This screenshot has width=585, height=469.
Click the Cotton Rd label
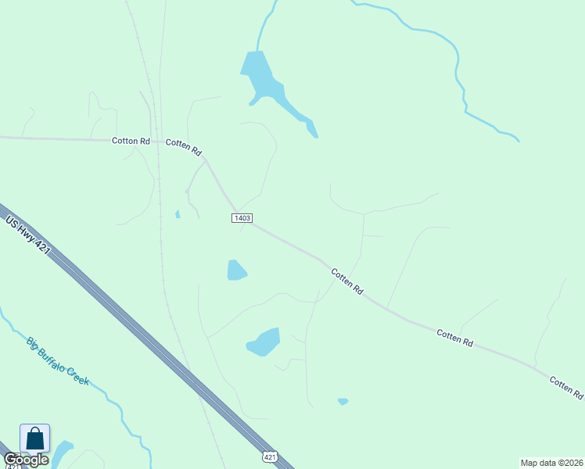coord(131,141)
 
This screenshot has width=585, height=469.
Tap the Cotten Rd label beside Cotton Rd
coord(184,147)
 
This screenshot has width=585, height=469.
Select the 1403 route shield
coord(242,217)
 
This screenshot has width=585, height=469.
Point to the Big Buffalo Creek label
coord(58,361)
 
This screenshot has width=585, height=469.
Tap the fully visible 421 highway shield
coord(269,456)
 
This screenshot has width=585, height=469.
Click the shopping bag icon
coord(35,439)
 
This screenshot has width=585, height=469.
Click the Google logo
coord(25,460)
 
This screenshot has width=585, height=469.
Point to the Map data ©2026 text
coord(551,463)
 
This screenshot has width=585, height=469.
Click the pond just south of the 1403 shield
coord(236,270)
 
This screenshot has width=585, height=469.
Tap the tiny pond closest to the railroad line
coord(178,214)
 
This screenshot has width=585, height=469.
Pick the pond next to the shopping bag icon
coord(61,452)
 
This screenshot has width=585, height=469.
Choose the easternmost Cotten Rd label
coord(566,386)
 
